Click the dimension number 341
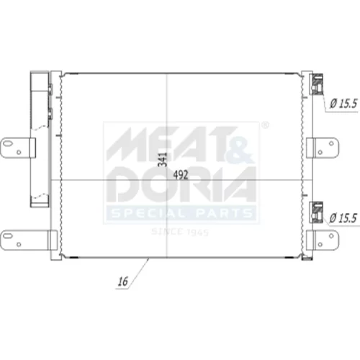click(163, 159)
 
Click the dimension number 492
click(181, 175)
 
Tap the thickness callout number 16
click(123, 282)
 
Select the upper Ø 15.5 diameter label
click(343, 104)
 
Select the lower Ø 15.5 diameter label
click(343, 218)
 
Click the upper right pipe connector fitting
click(317, 84)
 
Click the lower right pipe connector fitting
click(316, 212)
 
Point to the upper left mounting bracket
click(18, 148)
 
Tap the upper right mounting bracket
click(323, 148)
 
